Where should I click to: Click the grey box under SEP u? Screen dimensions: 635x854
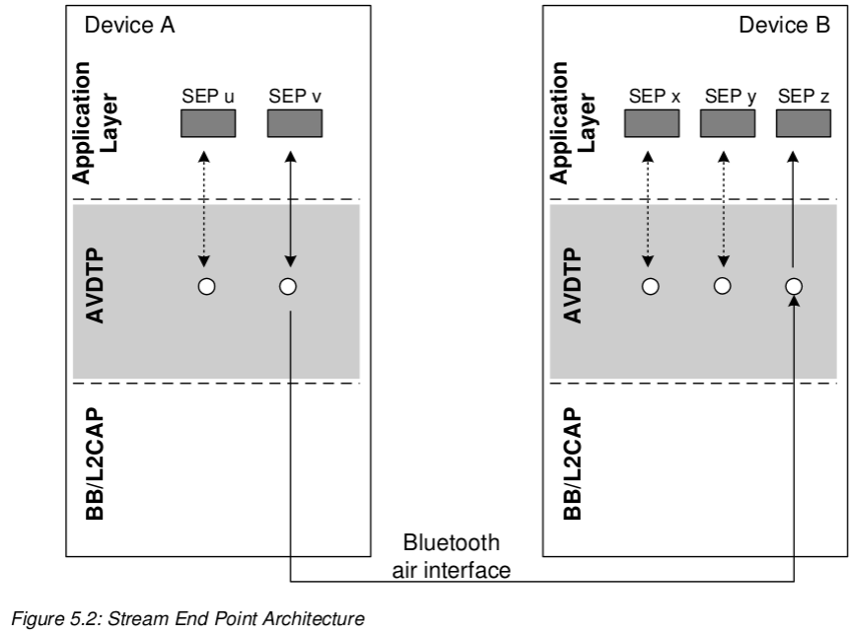point(207,123)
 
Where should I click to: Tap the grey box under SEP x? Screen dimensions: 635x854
point(651,123)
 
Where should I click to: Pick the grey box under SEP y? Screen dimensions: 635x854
point(727,123)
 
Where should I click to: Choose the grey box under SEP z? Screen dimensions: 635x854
point(803,123)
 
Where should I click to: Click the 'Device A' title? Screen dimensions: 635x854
point(130,27)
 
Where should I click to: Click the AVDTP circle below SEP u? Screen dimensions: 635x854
point(206,287)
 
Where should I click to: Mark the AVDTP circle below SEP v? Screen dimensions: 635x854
point(288,287)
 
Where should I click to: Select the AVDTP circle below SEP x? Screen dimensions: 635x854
point(650,287)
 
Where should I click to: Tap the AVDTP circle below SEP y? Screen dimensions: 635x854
point(723,287)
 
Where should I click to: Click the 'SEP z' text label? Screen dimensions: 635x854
point(804,97)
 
